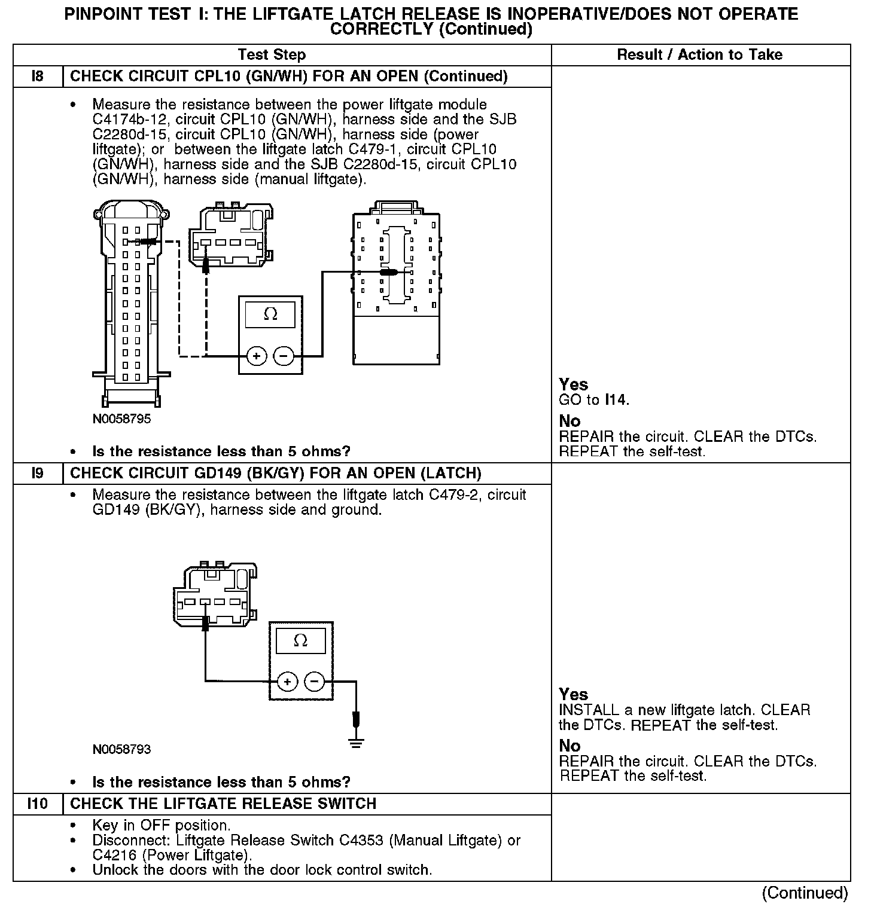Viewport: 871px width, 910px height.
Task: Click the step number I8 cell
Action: pos(37,77)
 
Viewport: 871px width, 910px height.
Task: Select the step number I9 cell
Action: pos(37,474)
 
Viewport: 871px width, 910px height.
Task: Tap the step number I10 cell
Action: pos(37,804)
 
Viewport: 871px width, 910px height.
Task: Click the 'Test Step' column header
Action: pos(272,55)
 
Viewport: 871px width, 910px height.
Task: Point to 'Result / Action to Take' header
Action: pos(699,55)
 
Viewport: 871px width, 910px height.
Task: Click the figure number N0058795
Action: pos(121,419)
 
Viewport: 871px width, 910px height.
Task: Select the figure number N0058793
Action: pos(121,750)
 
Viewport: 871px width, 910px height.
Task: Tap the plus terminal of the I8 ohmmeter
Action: pos(257,356)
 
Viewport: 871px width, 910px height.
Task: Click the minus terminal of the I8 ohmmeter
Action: pos(284,356)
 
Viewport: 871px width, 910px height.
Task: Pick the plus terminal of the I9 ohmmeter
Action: pos(288,682)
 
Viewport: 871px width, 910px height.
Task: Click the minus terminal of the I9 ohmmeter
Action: pos(315,682)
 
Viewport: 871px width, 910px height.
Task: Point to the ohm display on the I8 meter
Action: pos(270,314)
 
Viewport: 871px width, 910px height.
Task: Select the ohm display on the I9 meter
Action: pos(301,641)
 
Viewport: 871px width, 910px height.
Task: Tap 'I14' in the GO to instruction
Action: pos(617,400)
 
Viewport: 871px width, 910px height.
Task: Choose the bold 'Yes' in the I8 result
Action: pos(573,384)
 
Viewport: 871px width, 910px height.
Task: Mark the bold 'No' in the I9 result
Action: pos(569,746)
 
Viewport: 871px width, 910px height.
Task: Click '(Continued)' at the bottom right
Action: pos(805,893)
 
